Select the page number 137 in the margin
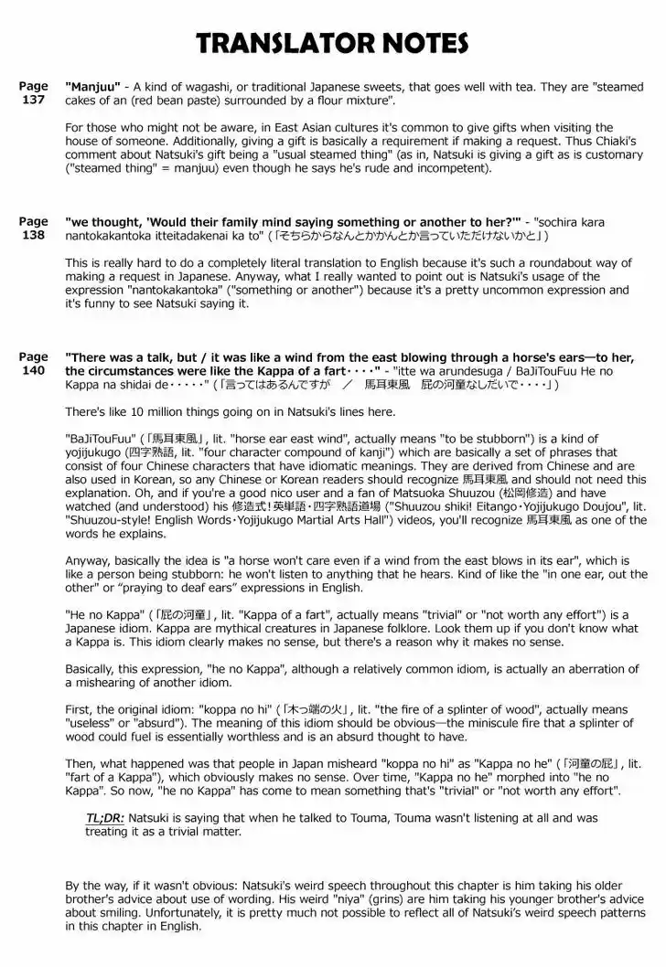[x=33, y=100]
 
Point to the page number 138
[x=33, y=235]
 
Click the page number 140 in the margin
[x=33, y=370]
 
